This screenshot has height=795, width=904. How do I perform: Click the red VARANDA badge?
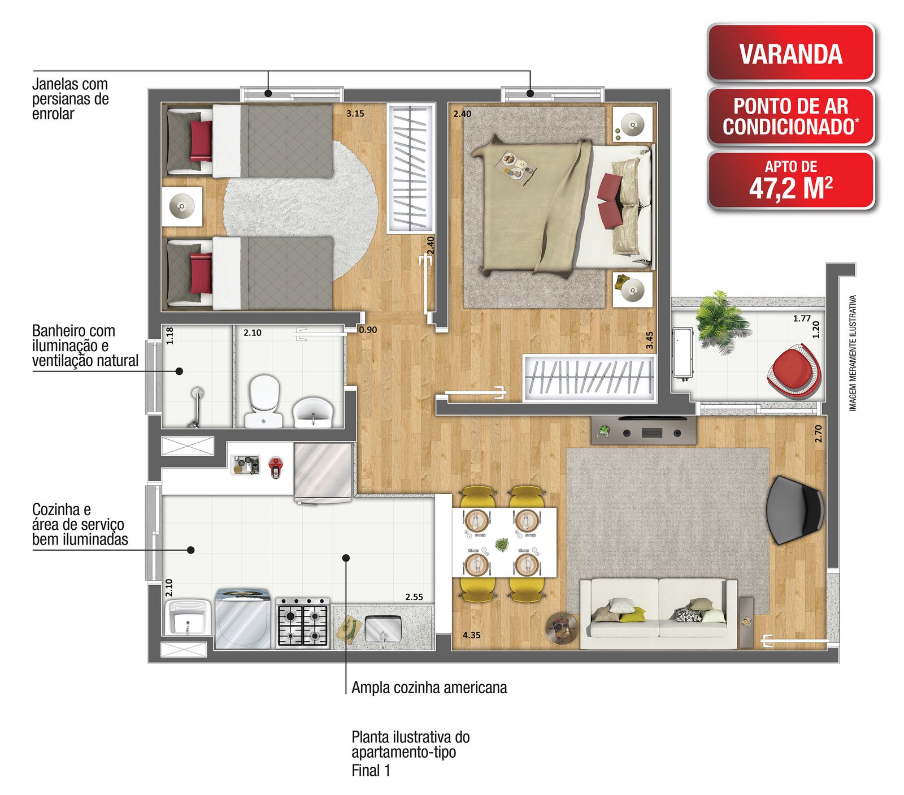790,53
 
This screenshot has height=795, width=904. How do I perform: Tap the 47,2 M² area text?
790,188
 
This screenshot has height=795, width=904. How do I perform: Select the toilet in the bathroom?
264,400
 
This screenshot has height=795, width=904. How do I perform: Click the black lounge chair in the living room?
794,509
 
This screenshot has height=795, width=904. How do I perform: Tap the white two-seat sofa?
658,613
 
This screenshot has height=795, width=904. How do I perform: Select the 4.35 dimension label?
471,635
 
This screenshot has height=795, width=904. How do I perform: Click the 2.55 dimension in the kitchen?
414,597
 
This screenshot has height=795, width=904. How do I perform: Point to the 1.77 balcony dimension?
801,318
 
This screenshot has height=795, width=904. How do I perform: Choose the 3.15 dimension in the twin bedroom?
355,113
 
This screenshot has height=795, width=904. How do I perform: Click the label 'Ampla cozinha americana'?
429,688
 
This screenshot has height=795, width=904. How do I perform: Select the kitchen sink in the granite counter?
383,629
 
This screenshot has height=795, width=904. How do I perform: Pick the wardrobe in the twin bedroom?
411,167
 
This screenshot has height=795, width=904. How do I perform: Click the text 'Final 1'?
371,770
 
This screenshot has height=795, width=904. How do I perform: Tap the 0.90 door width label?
368,330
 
